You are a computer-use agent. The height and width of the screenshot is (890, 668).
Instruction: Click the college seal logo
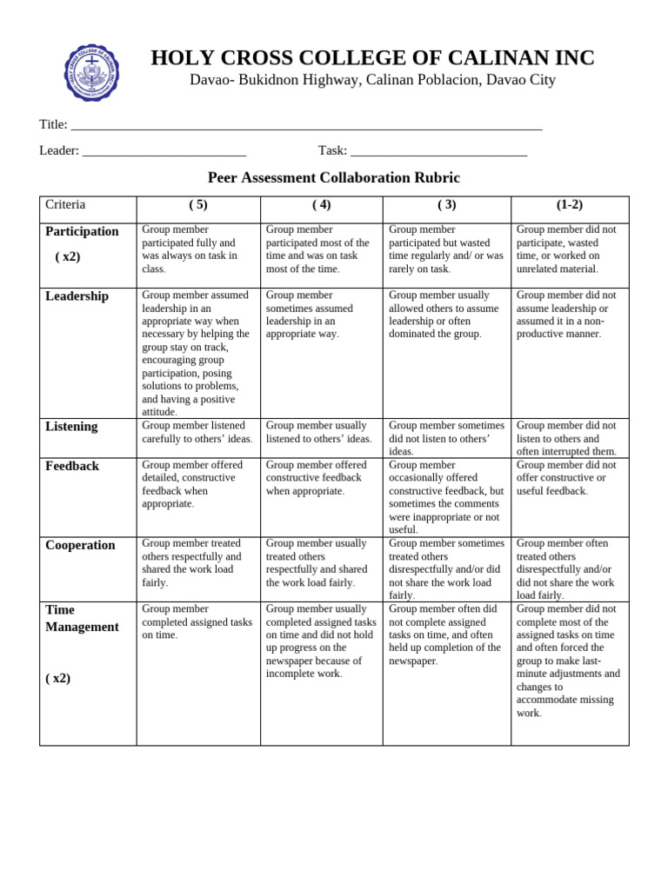[x=91, y=73]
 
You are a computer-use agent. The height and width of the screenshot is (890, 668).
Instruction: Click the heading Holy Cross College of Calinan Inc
[x=372, y=58]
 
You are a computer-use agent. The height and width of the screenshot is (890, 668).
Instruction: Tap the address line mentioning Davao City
[x=372, y=80]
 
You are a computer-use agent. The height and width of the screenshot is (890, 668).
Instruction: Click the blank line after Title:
[x=306, y=125]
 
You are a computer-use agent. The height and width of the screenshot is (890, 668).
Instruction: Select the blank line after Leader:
[x=164, y=151]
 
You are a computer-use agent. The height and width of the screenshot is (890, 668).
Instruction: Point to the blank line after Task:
[x=438, y=151]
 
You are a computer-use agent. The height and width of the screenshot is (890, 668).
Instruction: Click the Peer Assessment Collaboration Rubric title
[x=333, y=177]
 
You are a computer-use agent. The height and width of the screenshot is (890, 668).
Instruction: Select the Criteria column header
[x=65, y=205]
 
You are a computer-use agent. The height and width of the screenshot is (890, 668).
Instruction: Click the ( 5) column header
[x=198, y=205]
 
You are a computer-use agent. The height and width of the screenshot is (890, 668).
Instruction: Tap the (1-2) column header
[x=570, y=205]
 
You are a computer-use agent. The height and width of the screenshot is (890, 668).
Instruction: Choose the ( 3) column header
[x=446, y=205]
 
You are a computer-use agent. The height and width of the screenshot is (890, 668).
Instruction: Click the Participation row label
[x=82, y=231]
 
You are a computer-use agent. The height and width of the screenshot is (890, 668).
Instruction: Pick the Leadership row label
[x=77, y=296]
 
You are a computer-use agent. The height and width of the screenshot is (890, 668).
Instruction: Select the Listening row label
[x=71, y=427]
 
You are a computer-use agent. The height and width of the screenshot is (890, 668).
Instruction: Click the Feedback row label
[x=72, y=466]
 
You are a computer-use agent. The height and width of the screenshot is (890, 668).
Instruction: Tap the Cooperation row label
[x=80, y=545]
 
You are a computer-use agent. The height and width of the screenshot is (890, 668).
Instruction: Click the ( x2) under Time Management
[x=57, y=678]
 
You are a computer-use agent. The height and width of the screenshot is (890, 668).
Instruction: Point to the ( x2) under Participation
[x=67, y=256]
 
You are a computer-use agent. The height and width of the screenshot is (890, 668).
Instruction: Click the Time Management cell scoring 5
[x=197, y=622]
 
